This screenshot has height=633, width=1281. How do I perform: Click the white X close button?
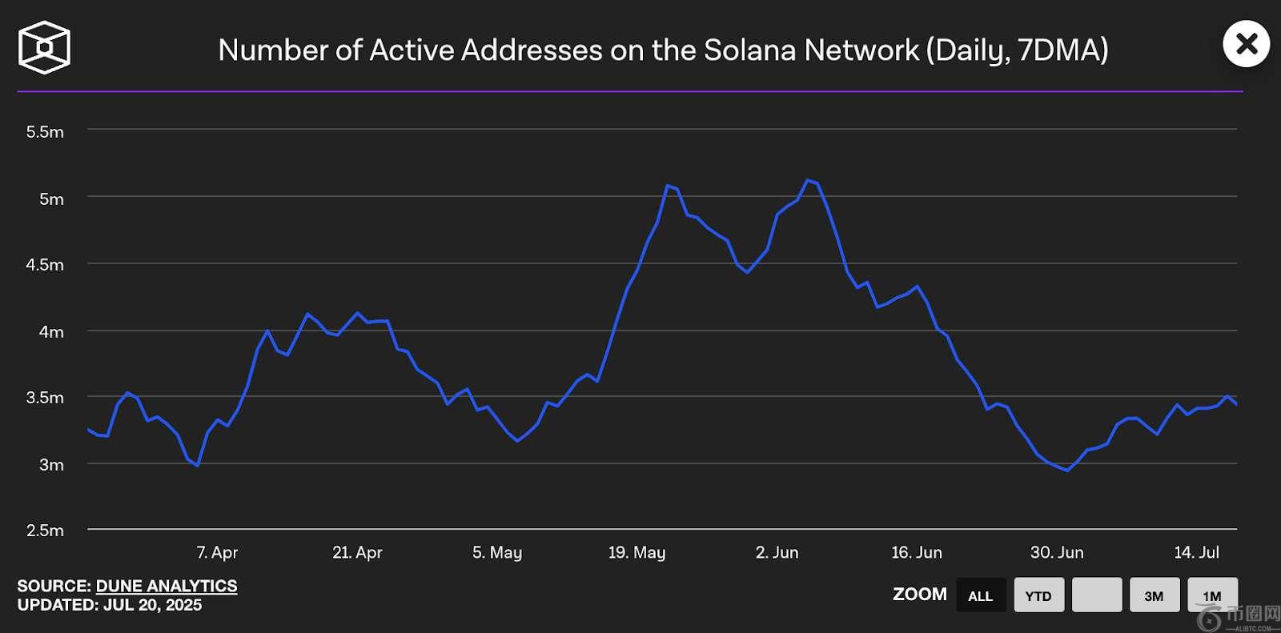click(1246, 44)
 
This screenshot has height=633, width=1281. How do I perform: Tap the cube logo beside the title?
click(44, 47)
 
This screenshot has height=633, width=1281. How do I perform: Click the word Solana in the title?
click(749, 50)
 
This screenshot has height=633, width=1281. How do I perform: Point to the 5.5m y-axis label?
click(45, 132)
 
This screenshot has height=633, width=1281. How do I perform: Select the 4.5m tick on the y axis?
click(45, 265)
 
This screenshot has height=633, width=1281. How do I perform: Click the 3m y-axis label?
click(51, 465)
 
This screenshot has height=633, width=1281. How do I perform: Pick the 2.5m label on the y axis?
click(45, 531)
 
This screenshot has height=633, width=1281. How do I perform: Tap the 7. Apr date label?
click(217, 552)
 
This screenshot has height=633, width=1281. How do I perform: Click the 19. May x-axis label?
click(636, 552)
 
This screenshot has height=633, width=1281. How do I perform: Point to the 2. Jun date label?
click(777, 552)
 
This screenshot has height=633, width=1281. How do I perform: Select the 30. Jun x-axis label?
click(1057, 552)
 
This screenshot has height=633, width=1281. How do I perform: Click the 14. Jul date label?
click(1196, 552)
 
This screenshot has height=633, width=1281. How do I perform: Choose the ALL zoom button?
click(981, 595)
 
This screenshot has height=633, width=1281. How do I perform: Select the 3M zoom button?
click(1154, 595)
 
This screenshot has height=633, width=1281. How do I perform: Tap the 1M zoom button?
click(1212, 595)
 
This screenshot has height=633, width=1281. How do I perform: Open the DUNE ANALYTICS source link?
click(167, 586)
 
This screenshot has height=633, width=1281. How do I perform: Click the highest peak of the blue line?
click(808, 180)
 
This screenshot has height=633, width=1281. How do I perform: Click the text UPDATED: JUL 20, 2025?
click(109, 605)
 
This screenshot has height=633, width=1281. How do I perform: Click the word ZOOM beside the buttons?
click(920, 595)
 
